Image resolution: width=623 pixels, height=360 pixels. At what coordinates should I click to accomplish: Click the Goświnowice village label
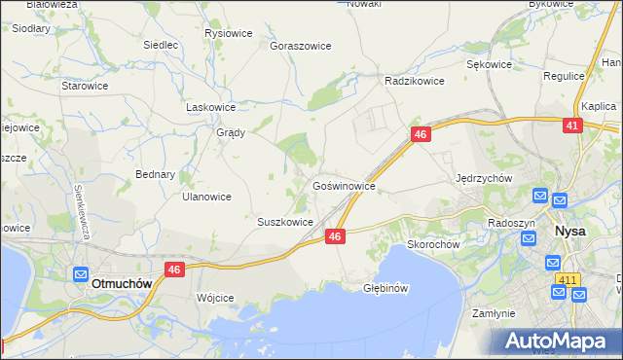point(344,184)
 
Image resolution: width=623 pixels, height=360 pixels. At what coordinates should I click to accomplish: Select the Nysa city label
point(569,232)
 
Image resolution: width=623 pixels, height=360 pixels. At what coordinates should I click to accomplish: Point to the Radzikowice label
point(415,81)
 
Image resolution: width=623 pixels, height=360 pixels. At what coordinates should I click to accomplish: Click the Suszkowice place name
point(284,222)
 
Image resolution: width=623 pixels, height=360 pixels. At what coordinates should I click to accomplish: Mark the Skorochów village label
point(432,244)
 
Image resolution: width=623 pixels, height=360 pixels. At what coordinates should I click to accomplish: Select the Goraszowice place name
point(301,46)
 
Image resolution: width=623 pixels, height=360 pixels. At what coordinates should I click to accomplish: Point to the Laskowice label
point(211,108)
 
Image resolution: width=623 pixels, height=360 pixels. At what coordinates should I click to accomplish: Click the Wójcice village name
point(215,298)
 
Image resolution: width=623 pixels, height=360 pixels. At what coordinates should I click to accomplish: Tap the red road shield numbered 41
point(572,126)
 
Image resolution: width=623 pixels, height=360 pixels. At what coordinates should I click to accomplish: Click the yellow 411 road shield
point(568,280)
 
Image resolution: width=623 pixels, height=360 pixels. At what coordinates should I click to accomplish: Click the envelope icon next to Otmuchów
point(82,275)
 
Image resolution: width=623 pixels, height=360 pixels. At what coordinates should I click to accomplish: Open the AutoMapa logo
point(558,342)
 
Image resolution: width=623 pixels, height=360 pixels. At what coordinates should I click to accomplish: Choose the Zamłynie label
point(493,314)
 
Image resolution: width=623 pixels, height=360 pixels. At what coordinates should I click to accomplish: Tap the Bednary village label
point(155,175)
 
